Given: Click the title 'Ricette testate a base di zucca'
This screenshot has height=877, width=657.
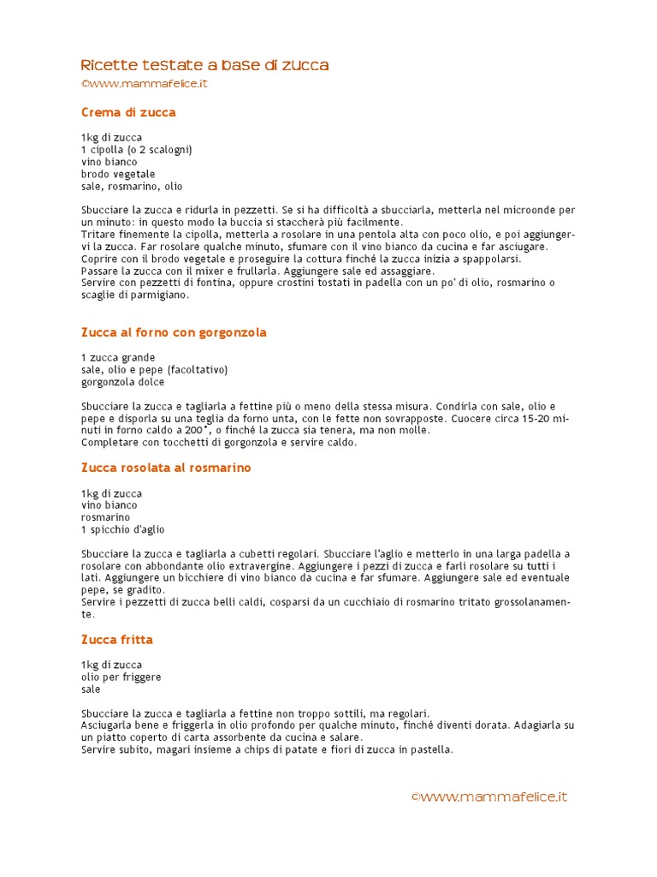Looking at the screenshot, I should click(x=204, y=66).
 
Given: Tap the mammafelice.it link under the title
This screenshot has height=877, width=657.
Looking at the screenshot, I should click(x=145, y=84).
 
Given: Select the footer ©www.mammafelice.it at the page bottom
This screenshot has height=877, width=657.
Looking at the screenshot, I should click(x=489, y=796).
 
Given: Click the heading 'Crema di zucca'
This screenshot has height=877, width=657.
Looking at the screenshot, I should click(x=128, y=112).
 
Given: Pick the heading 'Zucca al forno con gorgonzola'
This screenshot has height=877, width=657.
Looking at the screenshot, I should click(x=174, y=332).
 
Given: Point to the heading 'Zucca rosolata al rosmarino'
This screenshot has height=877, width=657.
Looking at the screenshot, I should click(x=166, y=468).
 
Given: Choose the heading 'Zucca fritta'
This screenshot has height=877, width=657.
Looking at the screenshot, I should click(x=117, y=640).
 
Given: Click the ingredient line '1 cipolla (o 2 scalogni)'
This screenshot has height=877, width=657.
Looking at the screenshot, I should click(x=136, y=150).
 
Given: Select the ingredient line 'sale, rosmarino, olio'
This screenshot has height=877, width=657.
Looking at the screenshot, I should click(x=132, y=186).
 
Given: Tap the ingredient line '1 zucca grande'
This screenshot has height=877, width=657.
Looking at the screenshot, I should click(x=118, y=357).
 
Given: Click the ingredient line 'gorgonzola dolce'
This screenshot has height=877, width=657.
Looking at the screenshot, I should click(x=122, y=382).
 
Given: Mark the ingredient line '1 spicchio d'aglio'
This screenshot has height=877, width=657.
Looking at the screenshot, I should click(x=123, y=530).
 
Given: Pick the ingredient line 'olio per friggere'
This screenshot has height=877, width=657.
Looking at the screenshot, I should click(x=121, y=677).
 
